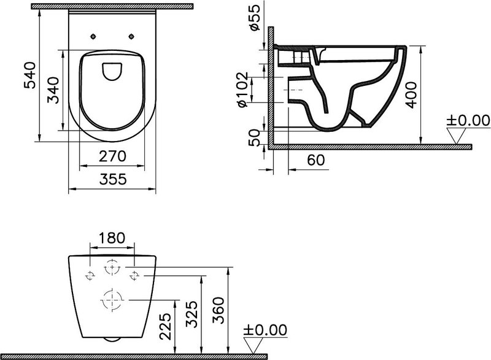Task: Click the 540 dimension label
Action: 30,75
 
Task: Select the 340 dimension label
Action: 53,90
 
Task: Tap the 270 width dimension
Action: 112,156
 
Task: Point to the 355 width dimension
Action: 113,179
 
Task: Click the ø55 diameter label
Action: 255,18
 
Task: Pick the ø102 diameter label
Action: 242,90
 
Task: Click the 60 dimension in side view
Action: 315,160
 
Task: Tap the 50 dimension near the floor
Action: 254,138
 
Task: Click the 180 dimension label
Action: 112,238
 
